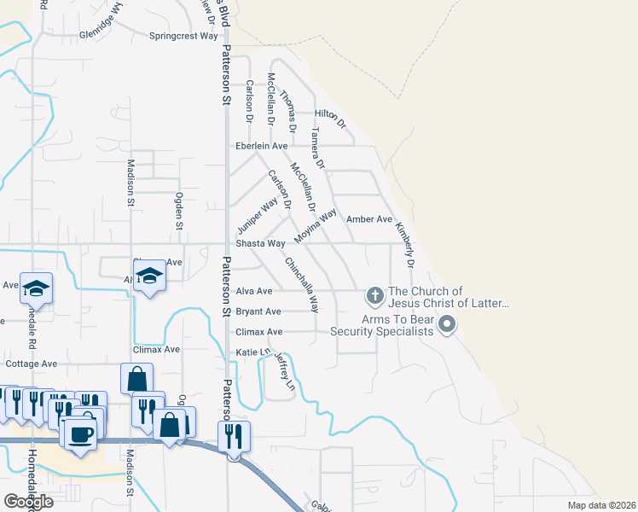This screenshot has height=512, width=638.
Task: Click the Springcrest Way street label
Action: pos(184,36)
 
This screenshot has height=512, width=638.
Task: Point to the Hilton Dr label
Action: pos(331,118)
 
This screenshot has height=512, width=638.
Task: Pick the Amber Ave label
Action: pos(369,219)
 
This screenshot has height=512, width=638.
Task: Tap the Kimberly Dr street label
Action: pos(404,245)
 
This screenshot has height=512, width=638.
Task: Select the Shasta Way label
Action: pos(260,243)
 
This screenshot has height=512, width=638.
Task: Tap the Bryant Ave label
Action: pos(258,311)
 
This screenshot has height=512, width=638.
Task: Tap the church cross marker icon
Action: pos(374,296)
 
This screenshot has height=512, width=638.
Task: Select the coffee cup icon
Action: pos(82,433)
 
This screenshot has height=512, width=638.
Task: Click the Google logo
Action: pos(28,502)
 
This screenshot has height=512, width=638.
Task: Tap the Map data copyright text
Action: pos(601,505)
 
